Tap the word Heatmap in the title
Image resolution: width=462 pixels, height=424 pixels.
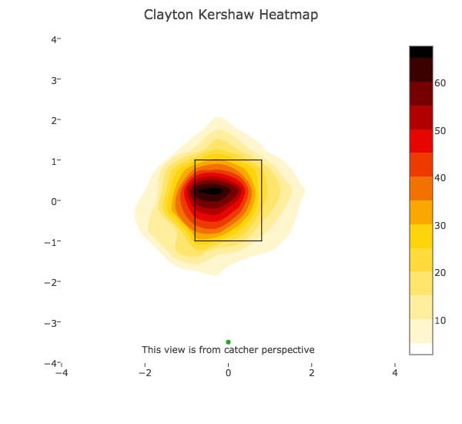click(x=290, y=15)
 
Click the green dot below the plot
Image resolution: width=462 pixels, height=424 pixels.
click(x=228, y=342)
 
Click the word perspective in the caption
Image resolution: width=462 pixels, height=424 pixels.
click(x=287, y=350)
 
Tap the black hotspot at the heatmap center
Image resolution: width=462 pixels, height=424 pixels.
click(x=209, y=190)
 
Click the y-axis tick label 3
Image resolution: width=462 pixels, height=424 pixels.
click(x=55, y=80)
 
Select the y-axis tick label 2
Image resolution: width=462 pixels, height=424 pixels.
click(x=55, y=121)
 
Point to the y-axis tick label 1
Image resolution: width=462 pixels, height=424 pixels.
click(x=55, y=161)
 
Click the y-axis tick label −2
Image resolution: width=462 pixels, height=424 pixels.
click(x=52, y=283)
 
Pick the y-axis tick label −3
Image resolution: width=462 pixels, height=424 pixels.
click(x=52, y=323)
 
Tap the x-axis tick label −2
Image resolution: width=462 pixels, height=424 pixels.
click(x=145, y=374)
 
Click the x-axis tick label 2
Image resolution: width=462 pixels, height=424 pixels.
click(x=312, y=374)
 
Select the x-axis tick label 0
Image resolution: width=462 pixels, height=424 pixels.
click(x=228, y=374)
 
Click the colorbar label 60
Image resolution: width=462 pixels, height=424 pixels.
click(x=440, y=83)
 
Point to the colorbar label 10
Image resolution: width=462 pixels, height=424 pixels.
click(x=440, y=321)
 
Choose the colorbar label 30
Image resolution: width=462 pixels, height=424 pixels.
click(x=440, y=226)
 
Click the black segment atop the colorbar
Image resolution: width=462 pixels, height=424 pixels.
click(x=421, y=52)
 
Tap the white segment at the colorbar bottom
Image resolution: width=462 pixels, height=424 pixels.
click(x=421, y=348)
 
